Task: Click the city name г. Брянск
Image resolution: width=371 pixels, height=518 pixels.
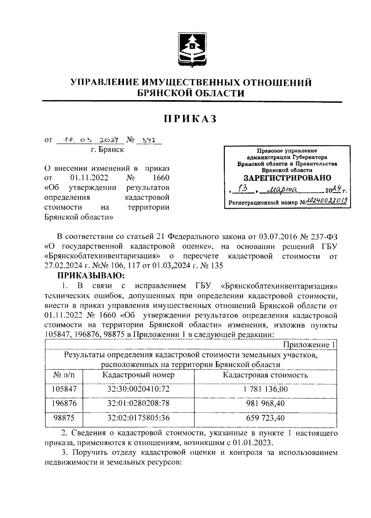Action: (107, 150)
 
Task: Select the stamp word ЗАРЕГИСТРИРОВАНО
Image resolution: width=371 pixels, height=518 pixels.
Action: (287, 178)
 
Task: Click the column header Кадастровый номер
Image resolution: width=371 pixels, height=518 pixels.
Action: (138, 375)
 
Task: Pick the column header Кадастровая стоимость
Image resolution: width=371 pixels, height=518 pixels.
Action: (265, 375)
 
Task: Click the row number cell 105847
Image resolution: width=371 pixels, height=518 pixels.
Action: (64, 389)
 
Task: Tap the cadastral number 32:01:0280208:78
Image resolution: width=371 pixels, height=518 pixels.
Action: (139, 403)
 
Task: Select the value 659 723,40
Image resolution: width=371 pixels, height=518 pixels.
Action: (265, 418)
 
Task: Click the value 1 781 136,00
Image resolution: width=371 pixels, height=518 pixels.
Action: (265, 389)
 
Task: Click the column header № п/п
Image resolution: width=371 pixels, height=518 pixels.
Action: (64, 375)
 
